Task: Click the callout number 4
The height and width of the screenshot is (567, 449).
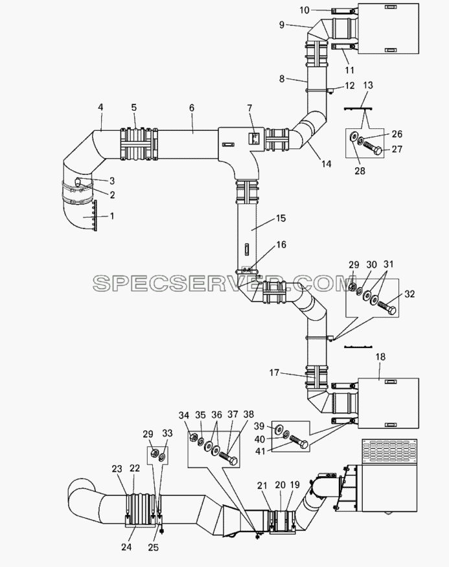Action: pos(100,107)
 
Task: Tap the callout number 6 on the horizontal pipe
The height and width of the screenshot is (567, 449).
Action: pos(192,108)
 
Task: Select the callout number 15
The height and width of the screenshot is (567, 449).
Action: pos(281,218)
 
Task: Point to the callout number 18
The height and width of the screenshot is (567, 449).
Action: pos(380,357)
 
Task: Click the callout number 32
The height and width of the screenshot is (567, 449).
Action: pos(409,294)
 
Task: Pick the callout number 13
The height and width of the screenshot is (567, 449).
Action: pos(367,86)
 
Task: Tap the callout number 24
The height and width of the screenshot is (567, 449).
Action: pos(126,547)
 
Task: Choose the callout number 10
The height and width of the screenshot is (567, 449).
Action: pos(305,10)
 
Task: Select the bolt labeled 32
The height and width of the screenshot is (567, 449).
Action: pos(387,308)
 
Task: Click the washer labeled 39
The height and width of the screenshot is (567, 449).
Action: pos(279,428)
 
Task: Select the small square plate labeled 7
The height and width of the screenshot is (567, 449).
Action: pos(254,138)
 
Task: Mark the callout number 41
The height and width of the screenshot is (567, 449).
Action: pos(260,451)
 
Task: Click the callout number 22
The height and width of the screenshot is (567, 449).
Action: pos(135,468)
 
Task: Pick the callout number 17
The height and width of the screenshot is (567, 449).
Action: pos(275,372)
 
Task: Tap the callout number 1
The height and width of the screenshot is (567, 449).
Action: pos(112,216)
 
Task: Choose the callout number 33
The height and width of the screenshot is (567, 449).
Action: pos(167,433)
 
